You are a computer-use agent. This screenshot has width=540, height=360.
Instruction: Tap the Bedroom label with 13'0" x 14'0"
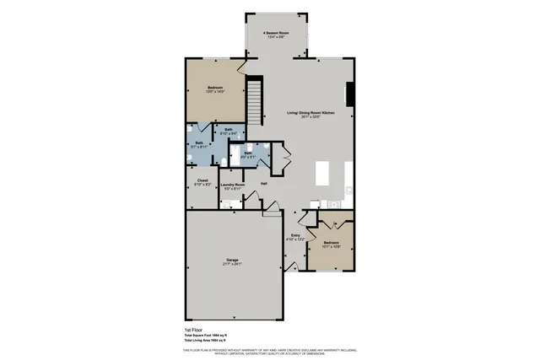(x=217, y=88)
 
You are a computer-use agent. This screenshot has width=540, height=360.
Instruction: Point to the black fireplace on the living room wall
(x=352, y=92)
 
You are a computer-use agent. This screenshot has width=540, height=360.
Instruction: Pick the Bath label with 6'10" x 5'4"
(x=228, y=129)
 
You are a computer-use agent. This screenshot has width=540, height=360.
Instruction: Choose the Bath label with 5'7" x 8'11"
(x=200, y=143)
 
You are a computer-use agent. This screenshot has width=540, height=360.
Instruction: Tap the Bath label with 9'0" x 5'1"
(x=249, y=153)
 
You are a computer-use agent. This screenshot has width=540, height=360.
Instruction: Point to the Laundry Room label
(x=232, y=185)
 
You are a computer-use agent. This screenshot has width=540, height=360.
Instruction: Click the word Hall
(x=264, y=184)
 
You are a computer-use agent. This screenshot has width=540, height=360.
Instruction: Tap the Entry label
(x=296, y=235)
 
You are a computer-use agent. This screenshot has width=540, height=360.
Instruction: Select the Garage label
(x=232, y=260)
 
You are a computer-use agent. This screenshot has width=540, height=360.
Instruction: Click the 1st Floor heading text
(x=194, y=329)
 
